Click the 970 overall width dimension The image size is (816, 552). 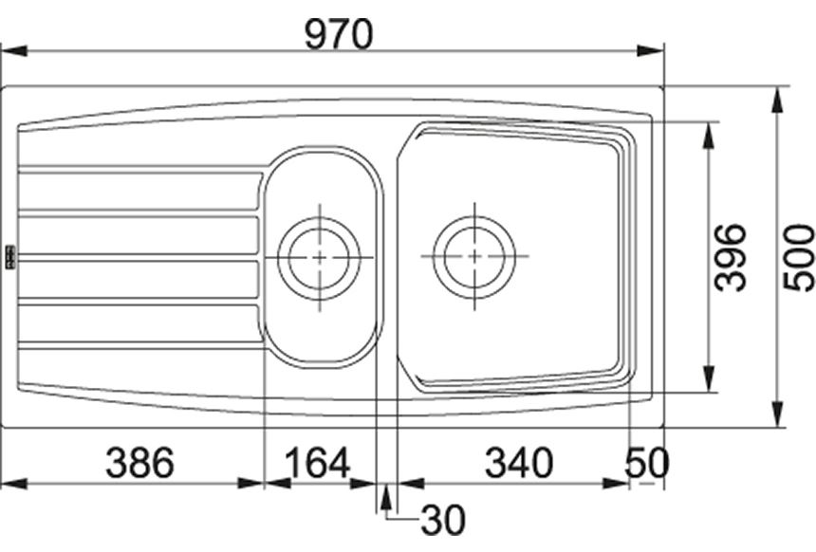click(x=339, y=34)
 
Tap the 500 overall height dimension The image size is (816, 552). click(x=799, y=258)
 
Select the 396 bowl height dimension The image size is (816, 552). click(x=730, y=257)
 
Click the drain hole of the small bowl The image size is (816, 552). click(x=319, y=258)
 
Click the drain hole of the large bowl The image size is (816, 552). click(x=474, y=256)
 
